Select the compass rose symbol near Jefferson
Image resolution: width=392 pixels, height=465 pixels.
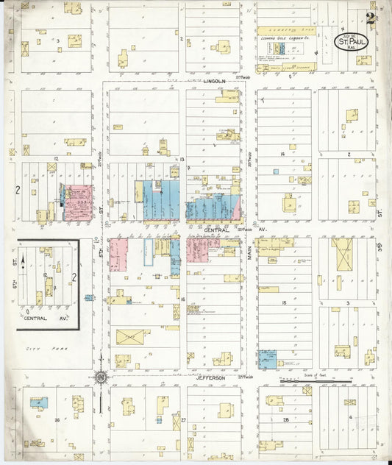click(x=101, y=378)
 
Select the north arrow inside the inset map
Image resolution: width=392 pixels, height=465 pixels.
click(x=24, y=260)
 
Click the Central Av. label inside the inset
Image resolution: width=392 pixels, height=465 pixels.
click(x=46, y=319)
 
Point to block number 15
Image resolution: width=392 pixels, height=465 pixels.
click(x=282, y=302)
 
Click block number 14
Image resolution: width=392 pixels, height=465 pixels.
click(x=282, y=155)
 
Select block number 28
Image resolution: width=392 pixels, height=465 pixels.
click(x=284, y=420)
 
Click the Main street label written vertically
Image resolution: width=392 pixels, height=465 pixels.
click(x=249, y=252)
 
